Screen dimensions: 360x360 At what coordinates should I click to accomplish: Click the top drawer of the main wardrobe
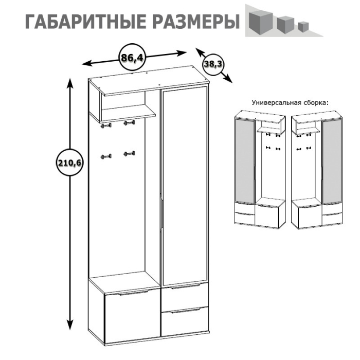[185, 294]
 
